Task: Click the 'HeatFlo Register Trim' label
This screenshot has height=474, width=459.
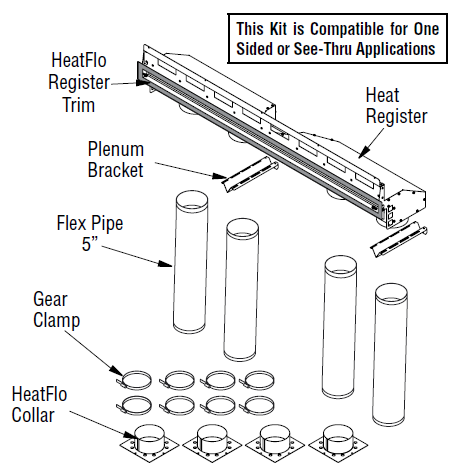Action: (x=79, y=82)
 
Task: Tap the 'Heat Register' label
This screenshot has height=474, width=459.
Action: (x=396, y=106)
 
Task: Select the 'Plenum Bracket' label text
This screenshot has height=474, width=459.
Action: (x=116, y=159)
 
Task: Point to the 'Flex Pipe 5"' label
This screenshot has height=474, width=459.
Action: (x=90, y=233)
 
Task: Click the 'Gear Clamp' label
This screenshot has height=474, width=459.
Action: (x=56, y=310)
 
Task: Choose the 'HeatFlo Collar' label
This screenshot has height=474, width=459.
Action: (x=39, y=404)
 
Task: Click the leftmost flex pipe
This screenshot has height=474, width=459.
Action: (x=191, y=262)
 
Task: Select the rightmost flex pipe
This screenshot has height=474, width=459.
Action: (x=390, y=353)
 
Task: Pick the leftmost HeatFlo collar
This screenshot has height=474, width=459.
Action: (x=149, y=442)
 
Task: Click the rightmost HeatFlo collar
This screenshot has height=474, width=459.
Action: (x=338, y=442)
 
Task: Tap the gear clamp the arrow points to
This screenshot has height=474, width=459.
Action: (x=134, y=380)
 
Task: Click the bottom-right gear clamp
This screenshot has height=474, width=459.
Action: (x=257, y=405)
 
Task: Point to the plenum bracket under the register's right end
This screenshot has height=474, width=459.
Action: (x=399, y=239)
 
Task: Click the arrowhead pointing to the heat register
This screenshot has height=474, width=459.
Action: (x=364, y=152)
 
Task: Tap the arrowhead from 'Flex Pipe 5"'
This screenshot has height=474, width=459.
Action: (x=165, y=264)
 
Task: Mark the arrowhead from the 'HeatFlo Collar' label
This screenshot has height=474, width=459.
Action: (x=129, y=434)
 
